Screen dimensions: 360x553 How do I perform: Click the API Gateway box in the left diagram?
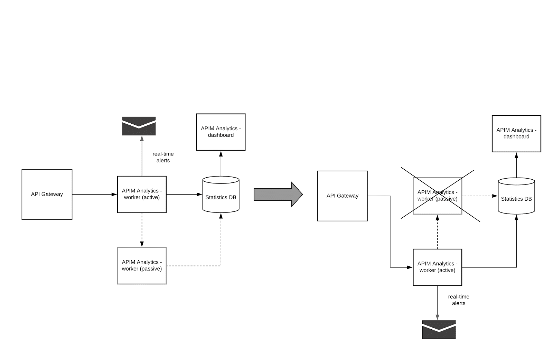47,194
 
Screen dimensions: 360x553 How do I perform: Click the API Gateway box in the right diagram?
343,196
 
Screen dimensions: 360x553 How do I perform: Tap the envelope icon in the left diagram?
139,126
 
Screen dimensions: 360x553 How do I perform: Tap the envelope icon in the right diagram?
439,329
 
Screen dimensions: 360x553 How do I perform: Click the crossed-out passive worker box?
438,196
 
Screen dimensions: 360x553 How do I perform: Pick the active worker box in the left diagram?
142,194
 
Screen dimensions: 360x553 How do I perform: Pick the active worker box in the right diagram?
438,267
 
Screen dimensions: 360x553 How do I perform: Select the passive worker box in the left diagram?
142,266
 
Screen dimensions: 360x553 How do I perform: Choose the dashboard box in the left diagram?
221,132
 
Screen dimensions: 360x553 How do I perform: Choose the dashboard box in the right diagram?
516,133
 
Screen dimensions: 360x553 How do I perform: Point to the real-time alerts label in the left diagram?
163,157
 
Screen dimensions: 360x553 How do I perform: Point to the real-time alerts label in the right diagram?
459,300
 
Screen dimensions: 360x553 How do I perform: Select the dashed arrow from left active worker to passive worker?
142,230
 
